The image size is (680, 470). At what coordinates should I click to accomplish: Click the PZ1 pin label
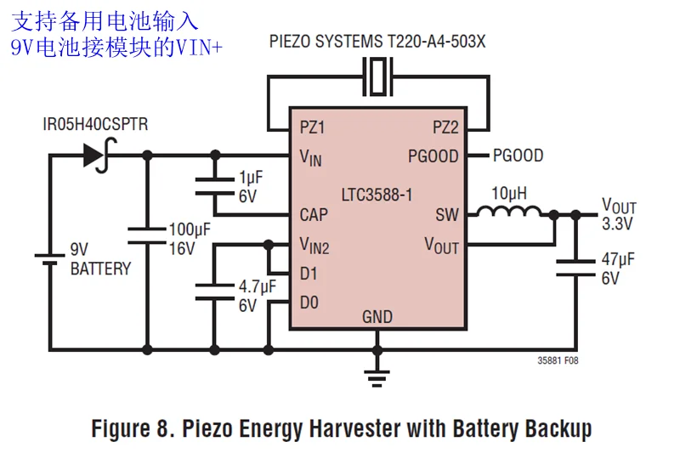point(313,127)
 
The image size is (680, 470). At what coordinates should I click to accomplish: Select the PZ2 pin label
point(445,127)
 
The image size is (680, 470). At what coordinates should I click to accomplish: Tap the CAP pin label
point(314,214)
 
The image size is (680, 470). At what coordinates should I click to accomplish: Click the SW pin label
point(447,214)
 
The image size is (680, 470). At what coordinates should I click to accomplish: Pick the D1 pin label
point(309,274)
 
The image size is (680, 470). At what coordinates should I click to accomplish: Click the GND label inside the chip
point(377,317)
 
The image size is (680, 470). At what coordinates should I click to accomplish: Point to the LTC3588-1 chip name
point(377,195)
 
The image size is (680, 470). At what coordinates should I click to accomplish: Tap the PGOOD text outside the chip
point(518,156)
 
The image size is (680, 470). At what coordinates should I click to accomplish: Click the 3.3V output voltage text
point(619,225)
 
